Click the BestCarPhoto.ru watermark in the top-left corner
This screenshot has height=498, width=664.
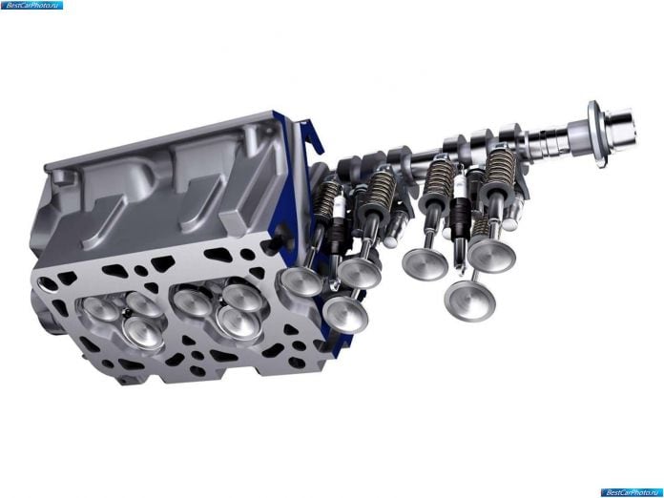tap(31, 5)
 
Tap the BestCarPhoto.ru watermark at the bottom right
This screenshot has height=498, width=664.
tap(632, 492)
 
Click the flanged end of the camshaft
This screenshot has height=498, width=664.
tap(598, 134)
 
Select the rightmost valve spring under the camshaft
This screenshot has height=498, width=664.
tap(501, 169)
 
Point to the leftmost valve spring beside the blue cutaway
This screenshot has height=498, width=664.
tap(328, 200)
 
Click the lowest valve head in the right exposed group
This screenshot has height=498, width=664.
tap(469, 300)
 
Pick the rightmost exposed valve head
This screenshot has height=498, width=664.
tap(491, 256)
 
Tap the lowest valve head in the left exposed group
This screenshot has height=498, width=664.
tap(345, 314)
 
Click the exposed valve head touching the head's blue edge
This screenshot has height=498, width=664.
tap(301, 281)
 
